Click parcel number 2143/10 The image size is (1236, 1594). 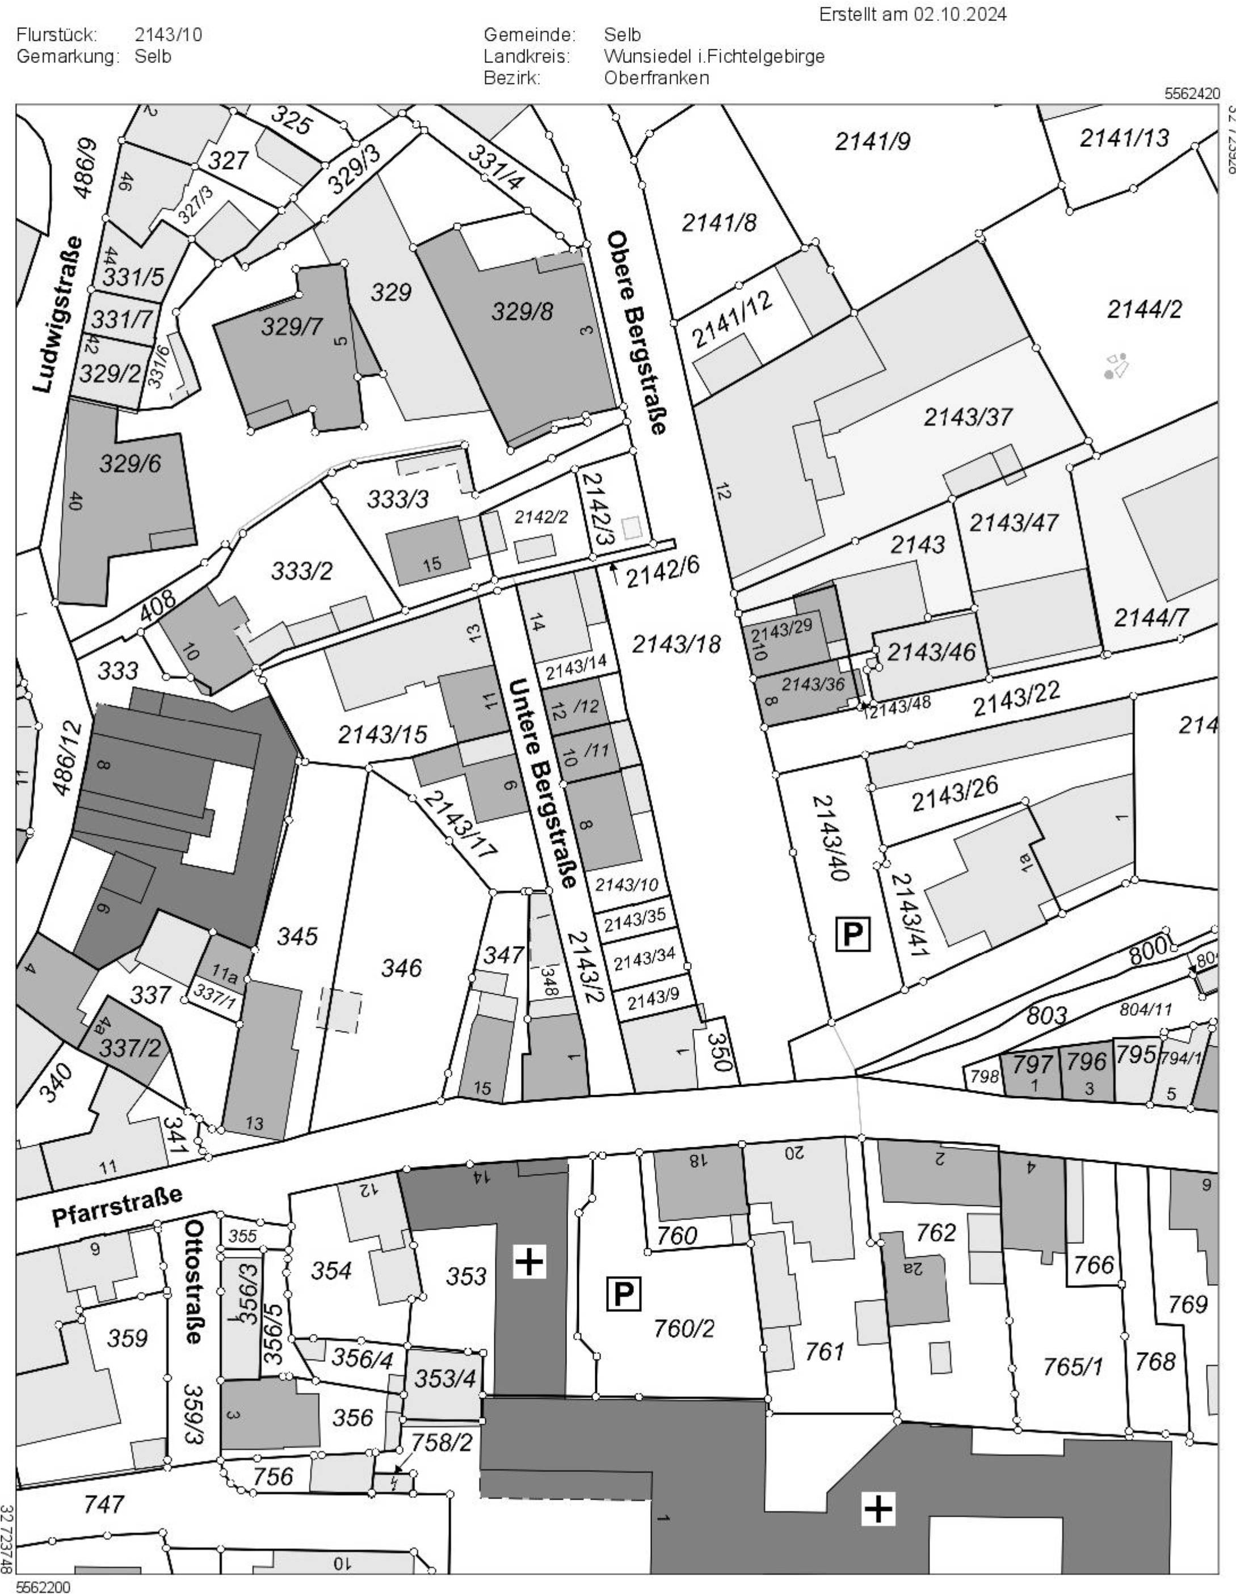(x=627, y=885)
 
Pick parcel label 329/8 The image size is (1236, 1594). (x=522, y=312)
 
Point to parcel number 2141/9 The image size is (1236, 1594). (x=872, y=142)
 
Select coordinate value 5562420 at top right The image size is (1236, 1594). (x=1192, y=94)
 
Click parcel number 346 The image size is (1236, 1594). (x=402, y=968)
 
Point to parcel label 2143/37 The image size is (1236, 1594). (x=968, y=417)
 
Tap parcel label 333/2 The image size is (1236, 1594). (x=301, y=570)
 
